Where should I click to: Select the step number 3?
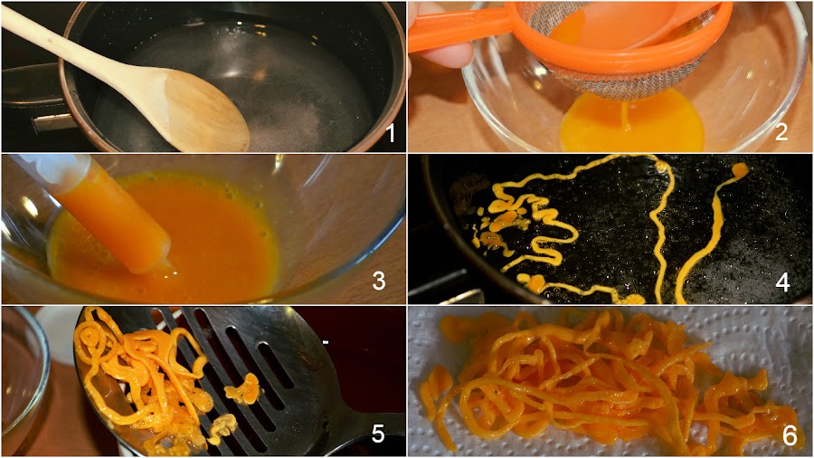pos(379,281)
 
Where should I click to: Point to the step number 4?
pos(782,282)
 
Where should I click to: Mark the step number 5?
pos(378,434)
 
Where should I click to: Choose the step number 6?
pos(790,435)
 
